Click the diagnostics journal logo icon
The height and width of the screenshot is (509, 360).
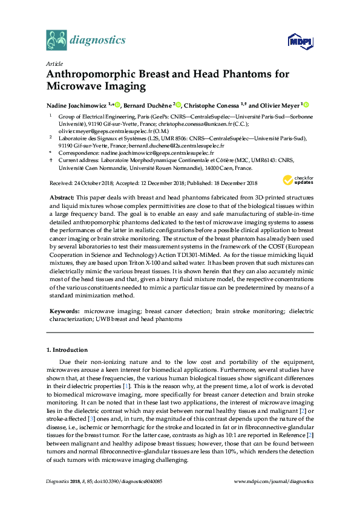click(56, 40)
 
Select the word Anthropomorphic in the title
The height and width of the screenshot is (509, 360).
click(96, 74)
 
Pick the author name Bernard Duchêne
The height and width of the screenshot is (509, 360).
click(147, 104)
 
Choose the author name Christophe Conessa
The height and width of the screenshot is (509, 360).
click(215, 104)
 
